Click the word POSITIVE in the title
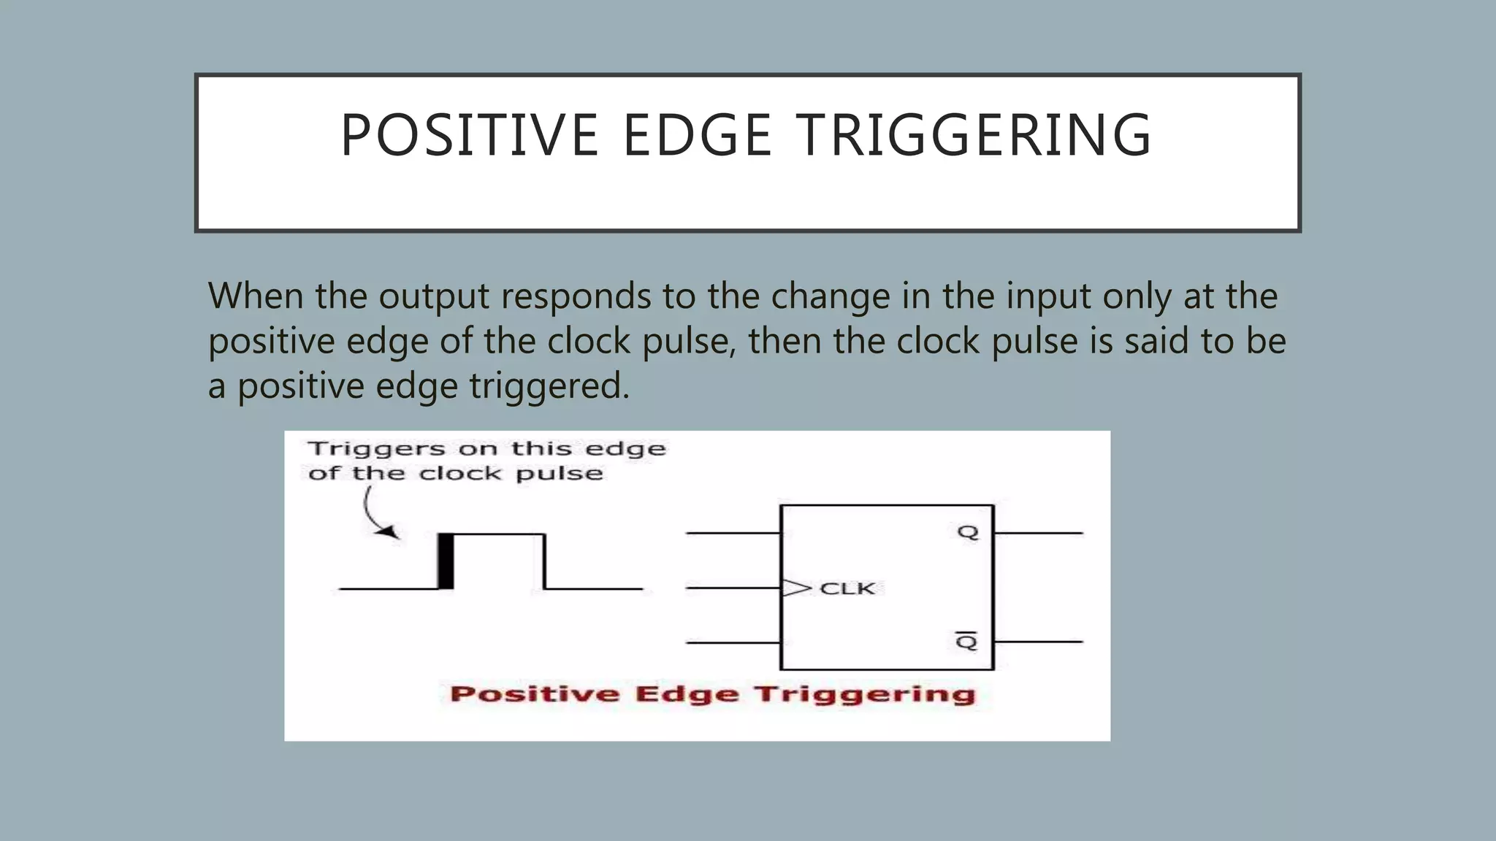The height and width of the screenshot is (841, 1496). [470, 136]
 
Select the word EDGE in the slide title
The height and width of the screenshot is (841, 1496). [697, 136]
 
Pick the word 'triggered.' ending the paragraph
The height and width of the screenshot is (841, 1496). [549, 386]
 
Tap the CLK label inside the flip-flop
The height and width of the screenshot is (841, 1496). [847, 588]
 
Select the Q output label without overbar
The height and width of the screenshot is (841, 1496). [968, 532]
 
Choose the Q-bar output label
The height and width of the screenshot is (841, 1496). [966, 642]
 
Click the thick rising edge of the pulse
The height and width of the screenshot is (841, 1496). [446, 561]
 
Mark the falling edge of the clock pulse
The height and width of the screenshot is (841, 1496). [544, 561]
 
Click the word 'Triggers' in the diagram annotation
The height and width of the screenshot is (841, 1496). [377, 449]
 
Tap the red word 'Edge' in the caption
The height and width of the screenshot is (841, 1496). [686, 694]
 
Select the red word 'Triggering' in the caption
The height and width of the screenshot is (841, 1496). [865, 694]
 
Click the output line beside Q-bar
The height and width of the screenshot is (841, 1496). [1038, 642]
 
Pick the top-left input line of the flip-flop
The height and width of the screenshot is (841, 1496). [733, 533]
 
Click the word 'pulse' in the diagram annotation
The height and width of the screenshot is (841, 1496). [560, 475]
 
